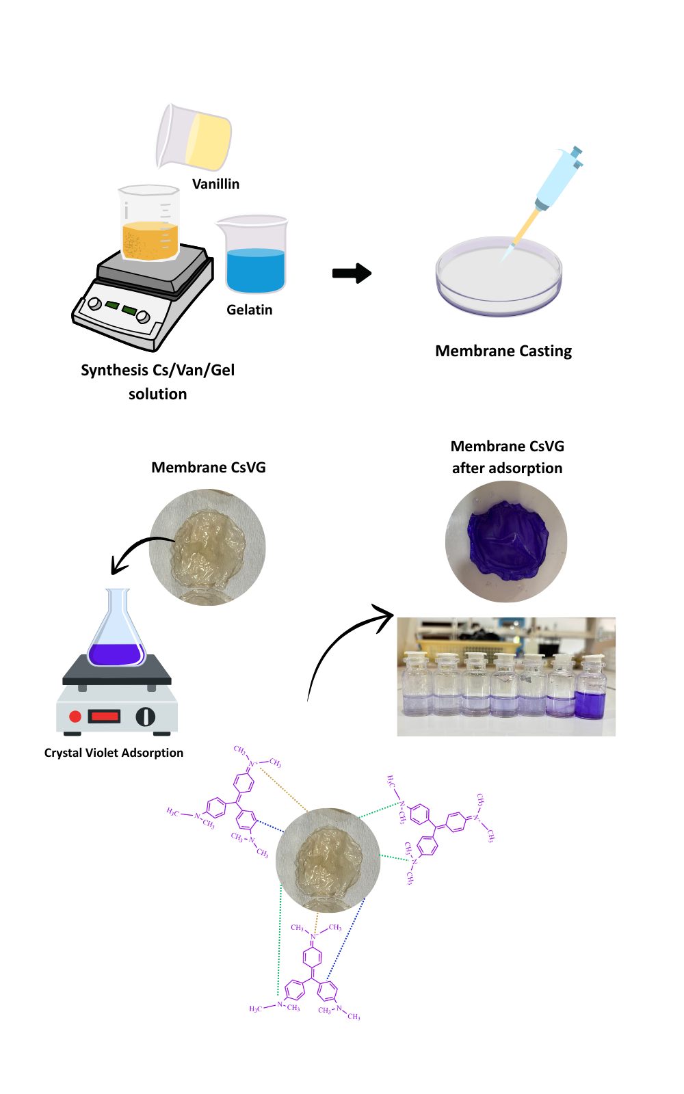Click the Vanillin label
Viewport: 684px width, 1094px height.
click(x=215, y=184)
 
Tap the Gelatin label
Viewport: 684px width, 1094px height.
click(x=250, y=310)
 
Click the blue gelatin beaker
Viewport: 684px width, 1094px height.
click(x=254, y=256)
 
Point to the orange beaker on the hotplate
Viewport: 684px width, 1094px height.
click(x=149, y=224)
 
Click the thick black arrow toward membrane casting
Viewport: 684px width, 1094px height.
click(x=352, y=273)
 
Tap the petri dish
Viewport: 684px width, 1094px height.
click(x=499, y=277)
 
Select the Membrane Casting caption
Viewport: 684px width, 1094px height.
click(x=503, y=351)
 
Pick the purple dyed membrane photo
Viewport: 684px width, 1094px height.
click(x=506, y=541)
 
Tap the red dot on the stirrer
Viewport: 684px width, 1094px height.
click(x=75, y=716)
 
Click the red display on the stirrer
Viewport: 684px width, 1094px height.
click(x=104, y=716)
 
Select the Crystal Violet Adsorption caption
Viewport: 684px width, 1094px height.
click(x=114, y=753)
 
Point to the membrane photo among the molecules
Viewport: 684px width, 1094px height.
click(x=328, y=860)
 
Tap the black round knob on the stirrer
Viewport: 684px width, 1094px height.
click(x=145, y=716)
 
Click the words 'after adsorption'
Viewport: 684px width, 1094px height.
click(x=507, y=468)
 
